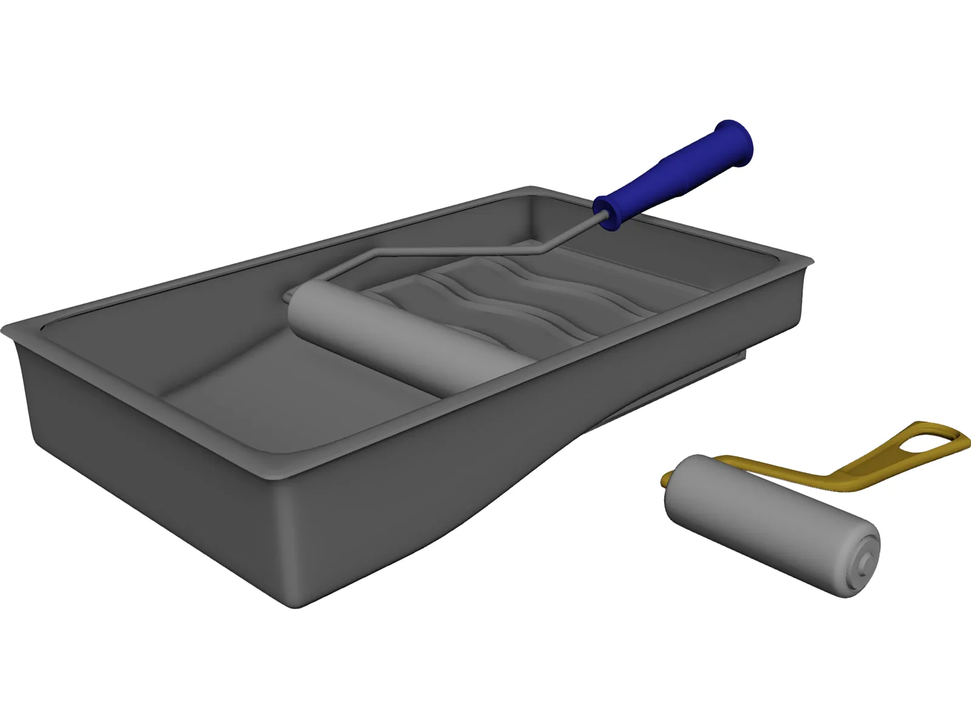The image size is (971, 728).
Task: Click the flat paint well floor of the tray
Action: [291, 400]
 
